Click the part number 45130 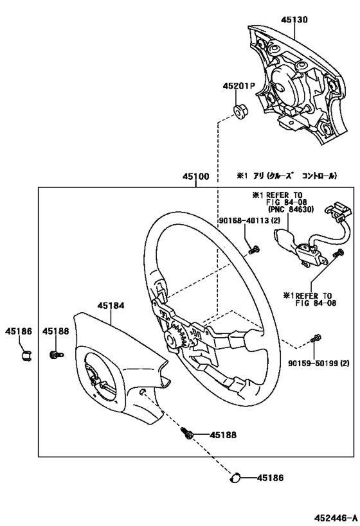(294, 20)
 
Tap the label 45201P (239, 86)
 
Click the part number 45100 (196, 177)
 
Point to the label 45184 (111, 306)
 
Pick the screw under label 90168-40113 (254, 250)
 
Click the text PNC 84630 (291, 209)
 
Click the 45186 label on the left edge (19, 331)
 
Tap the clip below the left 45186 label (26, 355)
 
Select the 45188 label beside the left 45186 (56, 331)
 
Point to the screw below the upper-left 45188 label (57, 355)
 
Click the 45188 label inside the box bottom (223, 435)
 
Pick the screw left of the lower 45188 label (187, 433)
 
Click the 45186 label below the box (271, 478)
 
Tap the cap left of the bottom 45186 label (235, 478)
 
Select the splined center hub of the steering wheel (175, 340)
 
